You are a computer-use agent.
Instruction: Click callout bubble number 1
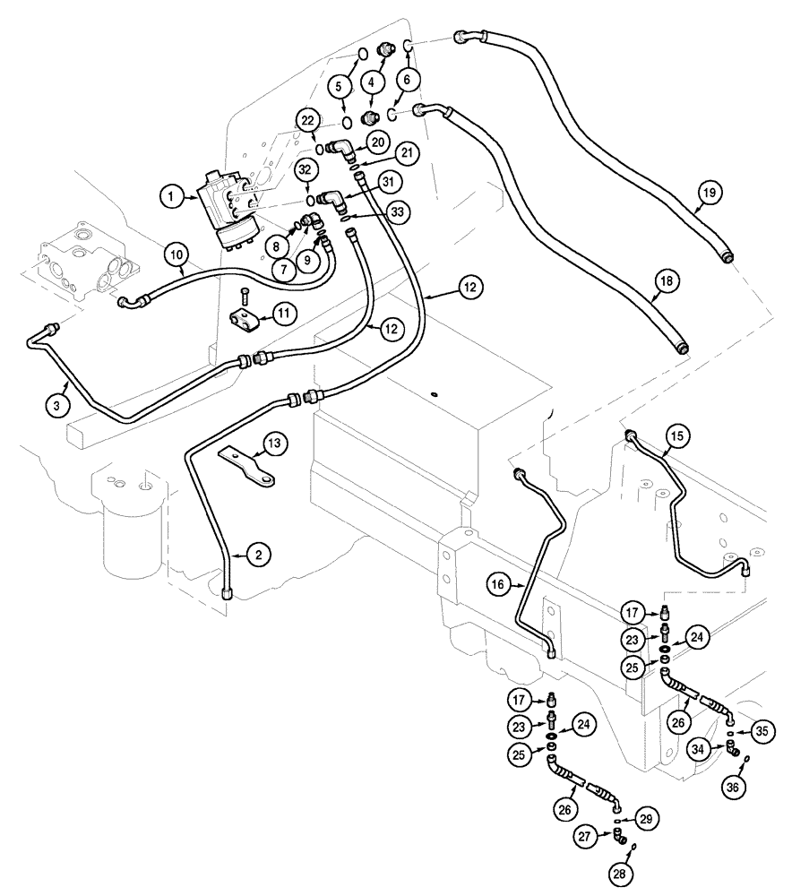(168, 193)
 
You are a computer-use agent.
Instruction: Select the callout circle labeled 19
(710, 193)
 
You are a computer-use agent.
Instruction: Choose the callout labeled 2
(257, 556)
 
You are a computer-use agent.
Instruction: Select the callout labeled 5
(340, 86)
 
